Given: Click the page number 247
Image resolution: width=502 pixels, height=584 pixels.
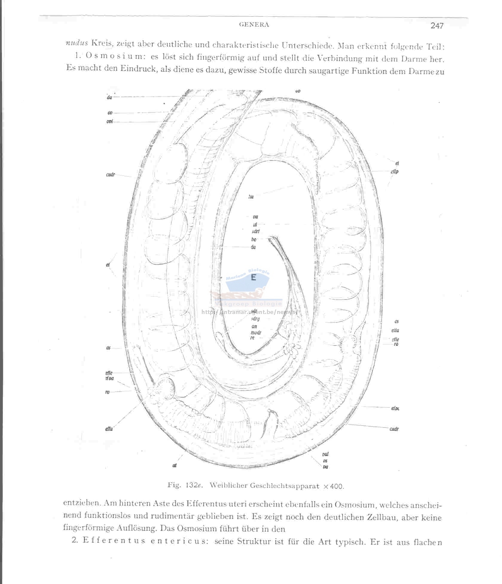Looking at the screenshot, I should (437, 26).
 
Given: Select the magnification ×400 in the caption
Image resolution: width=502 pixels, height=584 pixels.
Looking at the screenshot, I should (334, 486).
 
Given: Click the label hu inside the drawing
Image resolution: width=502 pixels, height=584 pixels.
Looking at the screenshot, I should (251, 196).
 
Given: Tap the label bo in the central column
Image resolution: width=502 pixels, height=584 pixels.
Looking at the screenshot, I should (254, 240).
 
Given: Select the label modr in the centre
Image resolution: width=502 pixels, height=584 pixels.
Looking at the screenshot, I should (256, 332).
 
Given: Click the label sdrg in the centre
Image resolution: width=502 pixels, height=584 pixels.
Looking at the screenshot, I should (256, 319).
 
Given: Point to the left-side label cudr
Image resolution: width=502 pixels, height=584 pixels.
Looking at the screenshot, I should (110, 175).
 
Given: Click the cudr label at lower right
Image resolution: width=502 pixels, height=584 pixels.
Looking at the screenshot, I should (394, 429).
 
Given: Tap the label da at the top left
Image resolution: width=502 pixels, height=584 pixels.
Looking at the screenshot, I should (109, 97).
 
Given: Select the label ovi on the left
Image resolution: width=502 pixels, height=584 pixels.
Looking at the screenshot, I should (110, 122).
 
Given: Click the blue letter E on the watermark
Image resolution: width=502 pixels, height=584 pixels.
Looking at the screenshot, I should (254, 277).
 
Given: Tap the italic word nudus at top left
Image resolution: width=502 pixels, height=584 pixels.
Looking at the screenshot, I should (77, 43).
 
